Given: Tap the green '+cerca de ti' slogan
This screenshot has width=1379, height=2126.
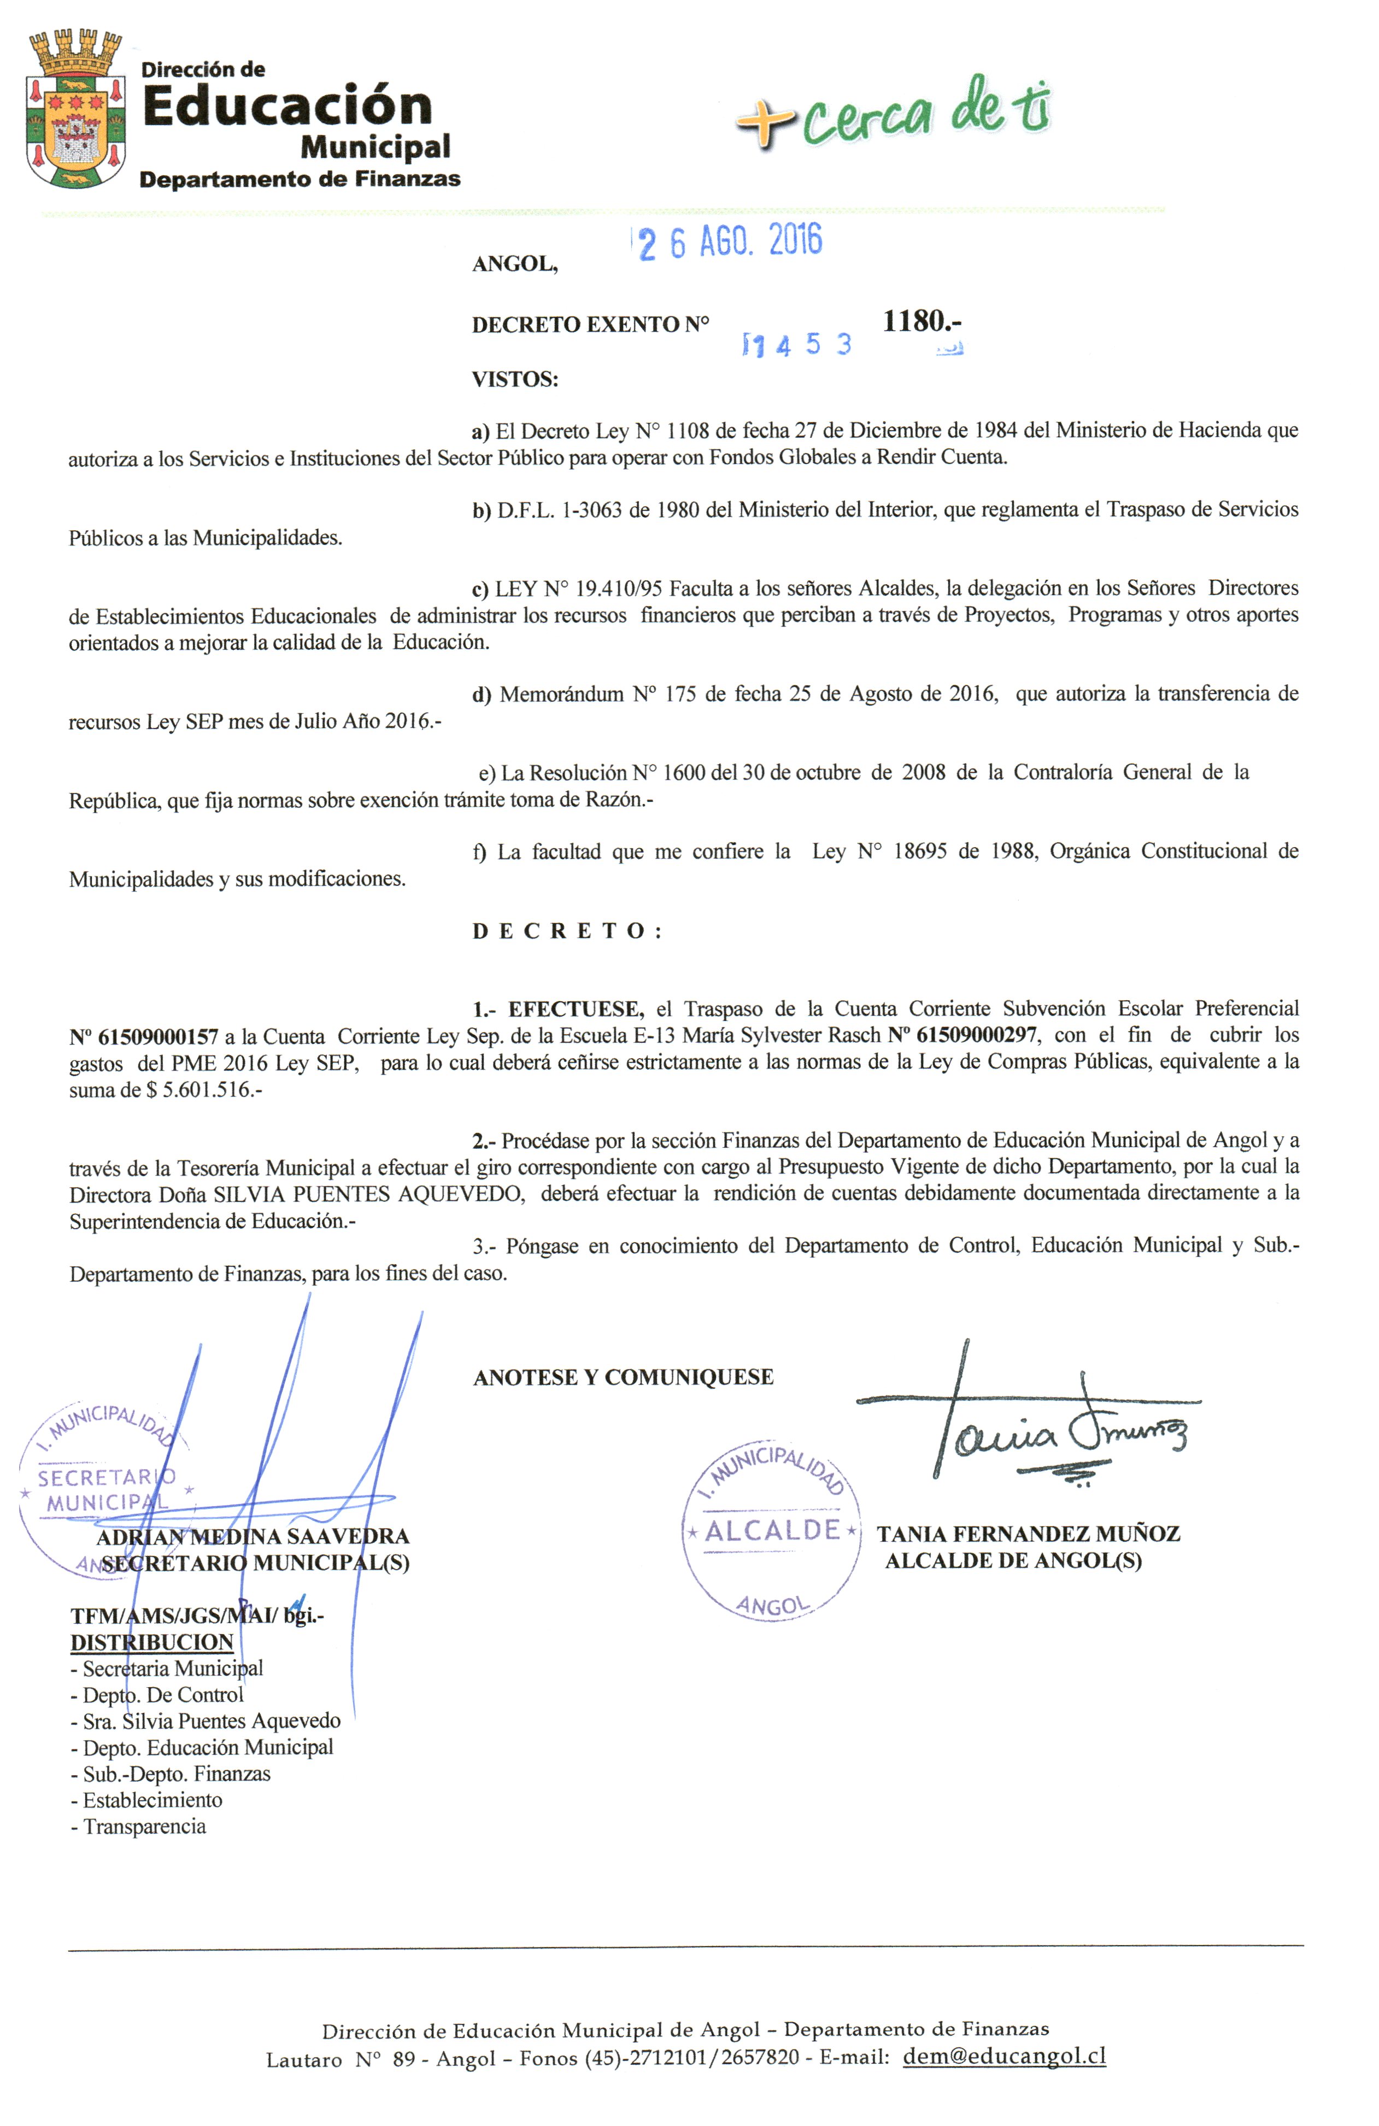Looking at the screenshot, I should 893,114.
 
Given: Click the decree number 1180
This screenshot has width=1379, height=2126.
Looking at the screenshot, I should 920,321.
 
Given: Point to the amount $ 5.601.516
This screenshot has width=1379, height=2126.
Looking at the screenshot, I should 204,1090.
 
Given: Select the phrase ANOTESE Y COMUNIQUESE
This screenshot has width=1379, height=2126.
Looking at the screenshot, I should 623,1377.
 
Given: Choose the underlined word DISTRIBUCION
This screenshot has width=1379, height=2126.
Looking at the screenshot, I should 152,1642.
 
